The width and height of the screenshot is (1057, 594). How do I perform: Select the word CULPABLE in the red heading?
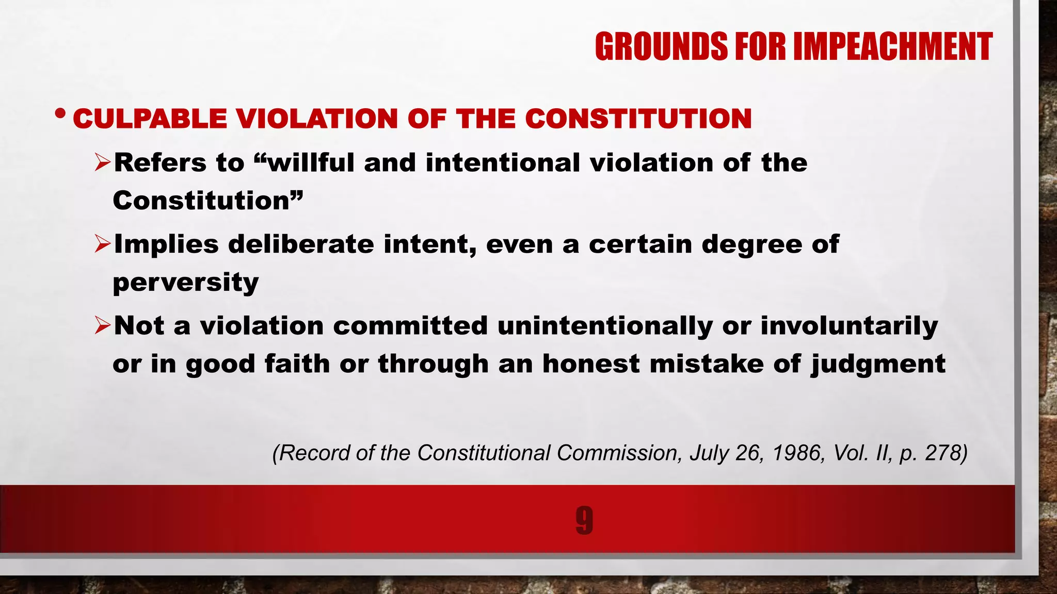coord(150,119)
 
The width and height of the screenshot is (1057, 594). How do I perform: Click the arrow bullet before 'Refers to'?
coord(103,163)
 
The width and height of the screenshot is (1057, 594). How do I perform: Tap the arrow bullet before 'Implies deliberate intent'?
coord(103,244)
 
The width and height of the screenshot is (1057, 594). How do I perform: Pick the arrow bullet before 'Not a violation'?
coord(103,325)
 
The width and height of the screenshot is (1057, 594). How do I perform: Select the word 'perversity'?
coord(186,283)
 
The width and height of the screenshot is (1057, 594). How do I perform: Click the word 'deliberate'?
coord(301,244)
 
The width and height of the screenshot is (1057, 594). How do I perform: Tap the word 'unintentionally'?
coord(605,325)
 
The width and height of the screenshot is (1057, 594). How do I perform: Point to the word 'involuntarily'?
coord(849,325)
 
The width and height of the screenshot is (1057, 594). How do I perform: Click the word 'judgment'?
coord(878,364)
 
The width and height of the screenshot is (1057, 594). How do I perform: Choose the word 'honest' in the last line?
coord(591,364)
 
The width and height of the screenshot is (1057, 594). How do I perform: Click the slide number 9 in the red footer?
coord(584,520)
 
